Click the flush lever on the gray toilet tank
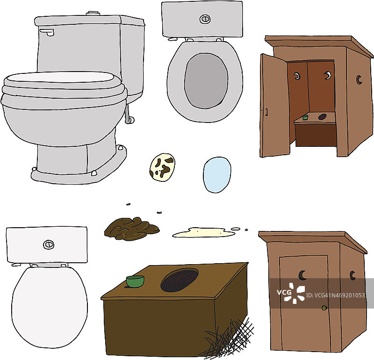tap(47, 32)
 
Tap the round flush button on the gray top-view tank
tap(205, 19)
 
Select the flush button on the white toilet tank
tap(49, 245)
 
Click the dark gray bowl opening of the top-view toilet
tap(206, 80)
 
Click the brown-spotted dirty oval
tap(162, 167)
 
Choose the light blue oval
tap(217, 175)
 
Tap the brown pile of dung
tap(131, 228)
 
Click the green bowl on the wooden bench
tap(135, 281)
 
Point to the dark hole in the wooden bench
tap(180, 280)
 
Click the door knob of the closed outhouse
tap(324, 308)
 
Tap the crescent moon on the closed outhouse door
tap(302, 275)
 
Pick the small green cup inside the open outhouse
tap(305, 117)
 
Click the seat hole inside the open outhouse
tap(322, 117)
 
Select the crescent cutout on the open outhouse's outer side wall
tap(359, 79)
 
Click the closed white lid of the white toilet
tap(50, 307)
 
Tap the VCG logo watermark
tap(291, 293)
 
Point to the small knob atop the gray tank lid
tap(93, 13)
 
